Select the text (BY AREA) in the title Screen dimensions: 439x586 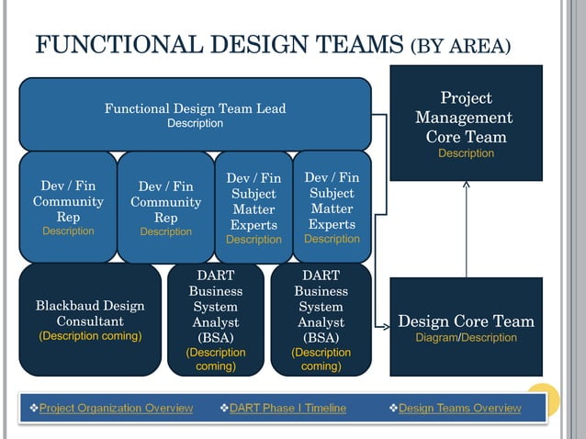(x=460, y=46)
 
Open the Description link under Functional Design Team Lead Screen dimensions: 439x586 (x=195, y=123)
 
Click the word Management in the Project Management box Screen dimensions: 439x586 (x=464, y=118)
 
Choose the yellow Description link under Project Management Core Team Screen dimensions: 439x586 (x=466, y=153)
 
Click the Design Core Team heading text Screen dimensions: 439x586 (x=466, y=321)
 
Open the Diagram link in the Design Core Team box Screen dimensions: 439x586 (x=436, y=338)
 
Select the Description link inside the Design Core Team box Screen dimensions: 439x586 (x=490, y=338)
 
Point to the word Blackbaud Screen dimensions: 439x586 (x=67, y=306)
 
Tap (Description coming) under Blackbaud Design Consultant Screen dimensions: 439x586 (x=90, y=336)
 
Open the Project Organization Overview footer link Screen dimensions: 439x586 (x=116, y=408)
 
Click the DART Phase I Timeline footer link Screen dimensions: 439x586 (x=287, y=408)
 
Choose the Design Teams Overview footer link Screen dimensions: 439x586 (x=459, y=408)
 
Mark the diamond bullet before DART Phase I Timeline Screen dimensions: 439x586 (x=224, y=408)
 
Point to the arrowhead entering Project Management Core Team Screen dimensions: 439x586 (x=466, y=185)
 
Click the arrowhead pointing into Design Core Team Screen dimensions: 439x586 (x=385, y=325)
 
